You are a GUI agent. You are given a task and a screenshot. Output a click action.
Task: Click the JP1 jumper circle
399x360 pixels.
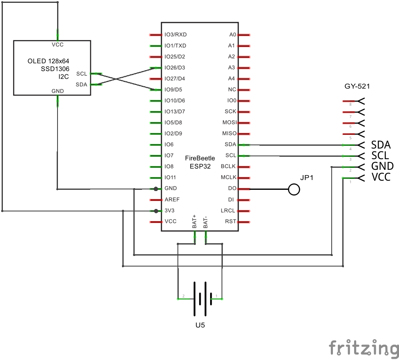[294, 189]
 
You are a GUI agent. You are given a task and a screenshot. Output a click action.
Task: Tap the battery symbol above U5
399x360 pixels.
[200, 299]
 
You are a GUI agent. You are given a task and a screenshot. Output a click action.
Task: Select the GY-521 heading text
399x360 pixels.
[357, 87]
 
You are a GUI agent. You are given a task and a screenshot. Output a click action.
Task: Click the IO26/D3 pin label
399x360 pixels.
[175, 68]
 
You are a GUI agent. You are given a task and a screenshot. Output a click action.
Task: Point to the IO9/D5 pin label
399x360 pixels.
[173, 90]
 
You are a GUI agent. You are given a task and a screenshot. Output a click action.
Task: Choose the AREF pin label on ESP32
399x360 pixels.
[172, 200]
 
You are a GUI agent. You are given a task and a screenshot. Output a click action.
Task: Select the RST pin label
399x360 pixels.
[231, 222]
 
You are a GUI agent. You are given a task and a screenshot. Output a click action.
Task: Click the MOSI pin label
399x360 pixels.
[229, 122]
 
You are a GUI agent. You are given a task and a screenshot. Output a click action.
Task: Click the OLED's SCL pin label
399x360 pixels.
[82, 73]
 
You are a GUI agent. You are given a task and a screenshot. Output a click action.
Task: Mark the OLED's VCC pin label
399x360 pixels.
[58, 45]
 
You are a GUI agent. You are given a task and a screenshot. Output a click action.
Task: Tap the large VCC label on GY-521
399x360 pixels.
[381, 177]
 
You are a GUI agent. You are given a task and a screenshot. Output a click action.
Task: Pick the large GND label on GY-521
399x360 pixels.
[382, 166]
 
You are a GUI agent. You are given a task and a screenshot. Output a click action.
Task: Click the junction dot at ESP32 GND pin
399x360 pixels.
[156, 189]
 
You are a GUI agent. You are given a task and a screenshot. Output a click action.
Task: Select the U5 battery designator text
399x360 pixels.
[200, 326]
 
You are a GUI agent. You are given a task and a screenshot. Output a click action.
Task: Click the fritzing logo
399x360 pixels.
[364, 348]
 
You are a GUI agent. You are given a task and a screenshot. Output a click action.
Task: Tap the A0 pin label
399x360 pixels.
[233, 35]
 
